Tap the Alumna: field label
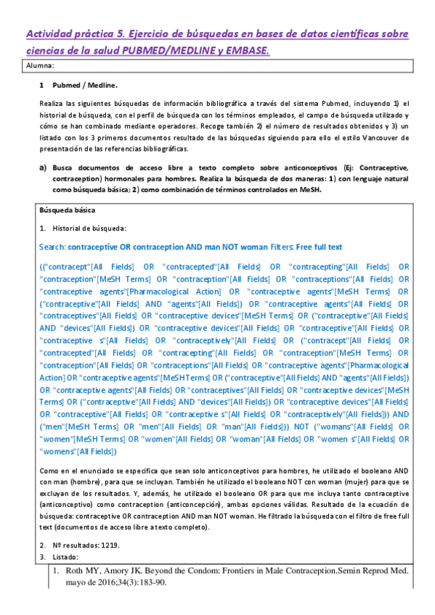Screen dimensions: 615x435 coord(41,66)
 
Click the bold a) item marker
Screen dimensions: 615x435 coord(43,166)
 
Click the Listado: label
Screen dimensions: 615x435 coord(66,556)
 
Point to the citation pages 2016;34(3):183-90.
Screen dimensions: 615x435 coord(132,582)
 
